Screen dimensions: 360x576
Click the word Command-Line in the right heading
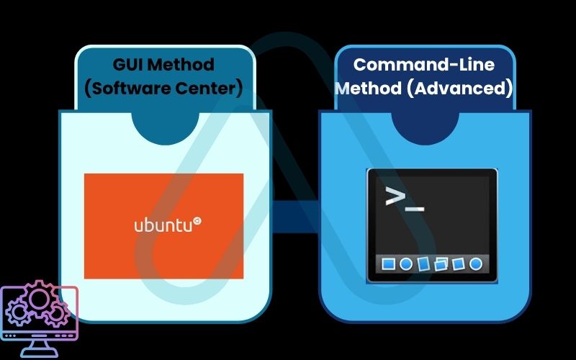(x=424, y=65)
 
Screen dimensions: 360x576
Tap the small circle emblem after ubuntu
(x=198, y=222)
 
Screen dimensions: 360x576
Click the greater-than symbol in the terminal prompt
(x=395, y=195)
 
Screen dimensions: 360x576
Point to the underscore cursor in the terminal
(x=416, y=209)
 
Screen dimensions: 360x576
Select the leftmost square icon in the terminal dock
(x=388, y=264)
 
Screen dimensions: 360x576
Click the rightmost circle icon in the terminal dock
(x=475, y=264)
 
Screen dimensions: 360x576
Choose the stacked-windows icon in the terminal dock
(x=441, y=264)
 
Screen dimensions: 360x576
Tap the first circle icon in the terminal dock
(x=405, y=264)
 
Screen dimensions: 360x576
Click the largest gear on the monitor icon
(x=39, y=298)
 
